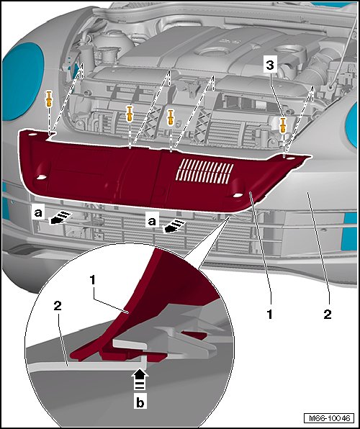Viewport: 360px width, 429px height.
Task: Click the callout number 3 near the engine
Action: (270, 65)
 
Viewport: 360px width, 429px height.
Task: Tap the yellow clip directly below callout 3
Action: (282, 125)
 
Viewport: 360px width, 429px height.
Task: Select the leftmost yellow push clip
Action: (49, 99)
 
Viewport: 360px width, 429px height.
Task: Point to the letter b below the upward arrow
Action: (140, 402)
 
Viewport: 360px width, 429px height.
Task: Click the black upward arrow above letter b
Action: (140, 379)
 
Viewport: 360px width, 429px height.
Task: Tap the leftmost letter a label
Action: (38, 212)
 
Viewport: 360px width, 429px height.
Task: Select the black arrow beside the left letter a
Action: (60, 217)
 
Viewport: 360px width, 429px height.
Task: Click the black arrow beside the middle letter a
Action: (174, 227)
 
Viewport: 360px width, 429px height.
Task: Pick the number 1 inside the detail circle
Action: (92, 280)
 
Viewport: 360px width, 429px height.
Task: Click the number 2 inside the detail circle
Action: (58, 306)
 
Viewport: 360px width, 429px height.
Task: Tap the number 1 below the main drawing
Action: (270, 315)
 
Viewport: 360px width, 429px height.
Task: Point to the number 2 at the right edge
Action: (328, 314)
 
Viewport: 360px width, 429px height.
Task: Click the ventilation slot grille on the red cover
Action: (205, 171)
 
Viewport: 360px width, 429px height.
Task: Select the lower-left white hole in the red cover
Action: (41, 177)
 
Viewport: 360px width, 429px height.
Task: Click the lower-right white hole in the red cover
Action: (238, 195)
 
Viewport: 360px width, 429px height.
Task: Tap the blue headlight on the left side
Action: (22, 81)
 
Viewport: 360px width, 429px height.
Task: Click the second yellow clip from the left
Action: (129, 114)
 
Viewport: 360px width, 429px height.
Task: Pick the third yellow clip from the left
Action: (171, 117)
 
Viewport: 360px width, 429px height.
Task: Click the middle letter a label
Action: (152, 221)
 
